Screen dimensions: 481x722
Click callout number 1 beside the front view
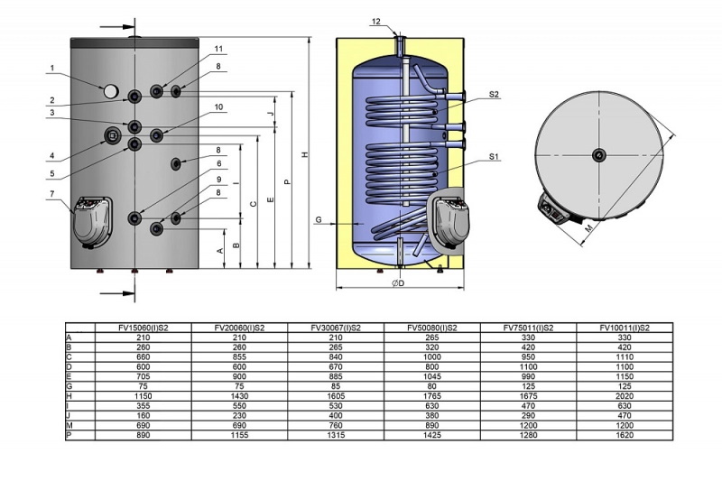coord(53,68)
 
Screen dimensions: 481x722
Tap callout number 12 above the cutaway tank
coord(376,21)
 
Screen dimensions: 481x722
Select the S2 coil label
coord(495,94)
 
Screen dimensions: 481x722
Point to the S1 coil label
coord(495,156)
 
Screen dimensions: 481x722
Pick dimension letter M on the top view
coord(588,230)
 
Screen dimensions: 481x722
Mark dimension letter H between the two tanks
coord(305,155)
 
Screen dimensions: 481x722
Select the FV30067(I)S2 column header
coord(335,328)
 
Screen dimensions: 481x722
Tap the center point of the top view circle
coord(599,154)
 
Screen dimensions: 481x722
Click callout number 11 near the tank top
coord(218,49)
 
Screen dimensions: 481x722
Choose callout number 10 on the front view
coord(218,107)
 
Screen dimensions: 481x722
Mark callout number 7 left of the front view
coord(53,194)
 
